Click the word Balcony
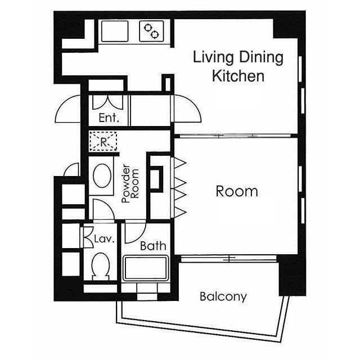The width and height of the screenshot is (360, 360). (223, 296)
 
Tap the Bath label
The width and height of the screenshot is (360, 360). (153, 246)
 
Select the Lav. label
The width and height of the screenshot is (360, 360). (104, 239)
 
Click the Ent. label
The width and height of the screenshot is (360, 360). (109, 118)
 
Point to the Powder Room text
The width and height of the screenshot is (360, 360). (130, 183)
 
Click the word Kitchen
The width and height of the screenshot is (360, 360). (238, 76)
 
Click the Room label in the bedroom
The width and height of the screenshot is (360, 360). (237, 191)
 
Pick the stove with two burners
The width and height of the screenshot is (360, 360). (151, 31)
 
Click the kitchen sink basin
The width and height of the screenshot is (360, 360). (115, 31)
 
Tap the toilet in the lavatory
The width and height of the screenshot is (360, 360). (100, 266)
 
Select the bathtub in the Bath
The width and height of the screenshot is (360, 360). (146, 268)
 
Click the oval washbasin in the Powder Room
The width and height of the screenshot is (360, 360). (102, 175)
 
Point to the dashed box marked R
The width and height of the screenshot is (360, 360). (103, 141)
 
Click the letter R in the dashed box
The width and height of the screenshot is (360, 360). (103, 142)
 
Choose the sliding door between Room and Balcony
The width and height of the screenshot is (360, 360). (228, 259)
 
